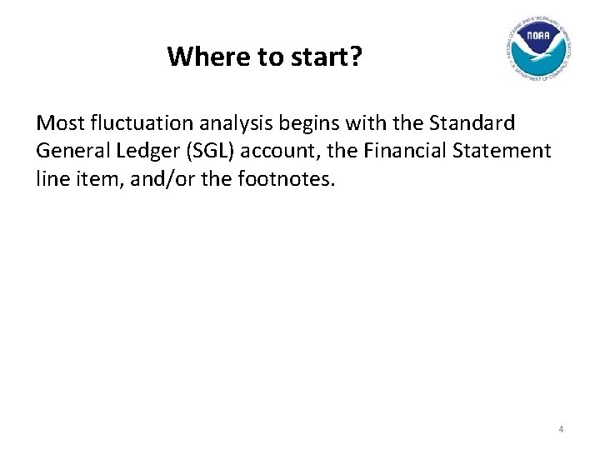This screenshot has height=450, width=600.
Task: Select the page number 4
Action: click(561, 429)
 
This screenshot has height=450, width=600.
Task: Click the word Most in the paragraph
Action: click(59, 123)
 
